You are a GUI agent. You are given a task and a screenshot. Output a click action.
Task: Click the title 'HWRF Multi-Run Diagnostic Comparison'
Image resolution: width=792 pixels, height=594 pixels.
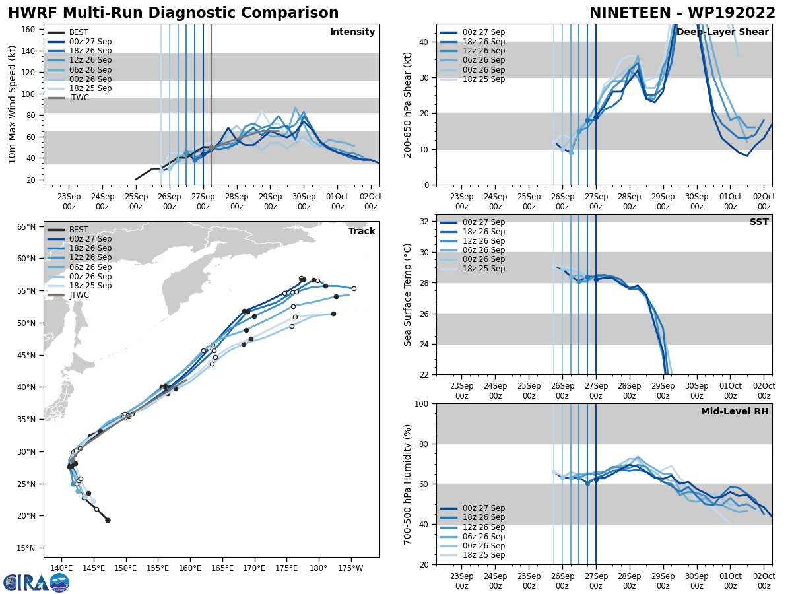tap(173, 13)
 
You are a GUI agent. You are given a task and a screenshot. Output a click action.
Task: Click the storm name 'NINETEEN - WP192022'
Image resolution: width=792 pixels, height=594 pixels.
tap(682, 13)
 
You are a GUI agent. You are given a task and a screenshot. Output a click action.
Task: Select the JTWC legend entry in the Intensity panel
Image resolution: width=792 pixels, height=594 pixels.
tap(79, 98)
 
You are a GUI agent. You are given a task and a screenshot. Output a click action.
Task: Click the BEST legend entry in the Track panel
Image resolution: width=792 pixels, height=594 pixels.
tap(79, 230)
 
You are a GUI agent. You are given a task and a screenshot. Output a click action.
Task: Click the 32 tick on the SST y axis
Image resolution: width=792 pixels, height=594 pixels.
tap(426, 222)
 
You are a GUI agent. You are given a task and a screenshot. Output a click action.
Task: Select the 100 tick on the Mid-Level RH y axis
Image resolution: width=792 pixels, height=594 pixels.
tap(423, 403)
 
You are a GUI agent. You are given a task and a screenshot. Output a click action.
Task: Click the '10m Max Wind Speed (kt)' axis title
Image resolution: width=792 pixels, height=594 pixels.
tap(13, 104)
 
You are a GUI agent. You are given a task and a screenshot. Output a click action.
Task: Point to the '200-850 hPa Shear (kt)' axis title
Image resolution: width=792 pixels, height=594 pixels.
tap(407, 104)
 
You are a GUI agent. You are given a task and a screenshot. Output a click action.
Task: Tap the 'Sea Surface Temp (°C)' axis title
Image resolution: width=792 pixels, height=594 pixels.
tap(407, 294)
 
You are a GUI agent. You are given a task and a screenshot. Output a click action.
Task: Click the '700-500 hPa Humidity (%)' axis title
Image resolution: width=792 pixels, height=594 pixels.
tap(407, 484)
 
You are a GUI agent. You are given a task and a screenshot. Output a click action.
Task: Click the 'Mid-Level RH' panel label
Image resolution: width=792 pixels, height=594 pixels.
tap(734, 412)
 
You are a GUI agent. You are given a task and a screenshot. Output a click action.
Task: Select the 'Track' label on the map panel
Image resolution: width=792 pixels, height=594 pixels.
tap(362, 231)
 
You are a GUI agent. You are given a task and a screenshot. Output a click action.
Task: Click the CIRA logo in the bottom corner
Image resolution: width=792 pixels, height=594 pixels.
tap(36, 582)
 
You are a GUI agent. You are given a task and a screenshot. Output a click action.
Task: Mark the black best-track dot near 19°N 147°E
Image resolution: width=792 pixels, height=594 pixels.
tap(108, 520)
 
